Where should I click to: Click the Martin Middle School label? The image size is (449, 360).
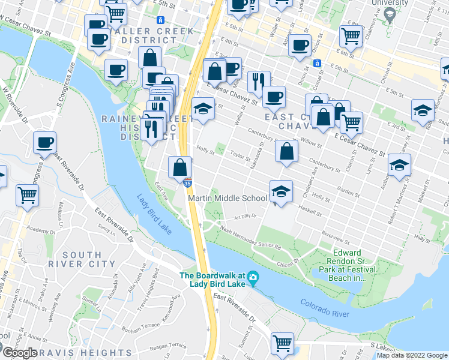[228, 198]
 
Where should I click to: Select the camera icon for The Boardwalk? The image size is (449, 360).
[253, 277]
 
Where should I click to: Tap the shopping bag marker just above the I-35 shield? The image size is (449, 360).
[179, 168]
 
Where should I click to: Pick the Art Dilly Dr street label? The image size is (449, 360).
[245, 216]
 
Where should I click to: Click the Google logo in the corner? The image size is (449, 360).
[19, 353]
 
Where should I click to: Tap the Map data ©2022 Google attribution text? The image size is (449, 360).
[411, 355]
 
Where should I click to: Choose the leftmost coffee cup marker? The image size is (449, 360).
[44, 143]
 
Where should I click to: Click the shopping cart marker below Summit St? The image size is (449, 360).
[282, 344]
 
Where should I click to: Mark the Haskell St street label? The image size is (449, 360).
[310, 211]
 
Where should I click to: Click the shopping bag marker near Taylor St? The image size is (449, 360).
[286, 152]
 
